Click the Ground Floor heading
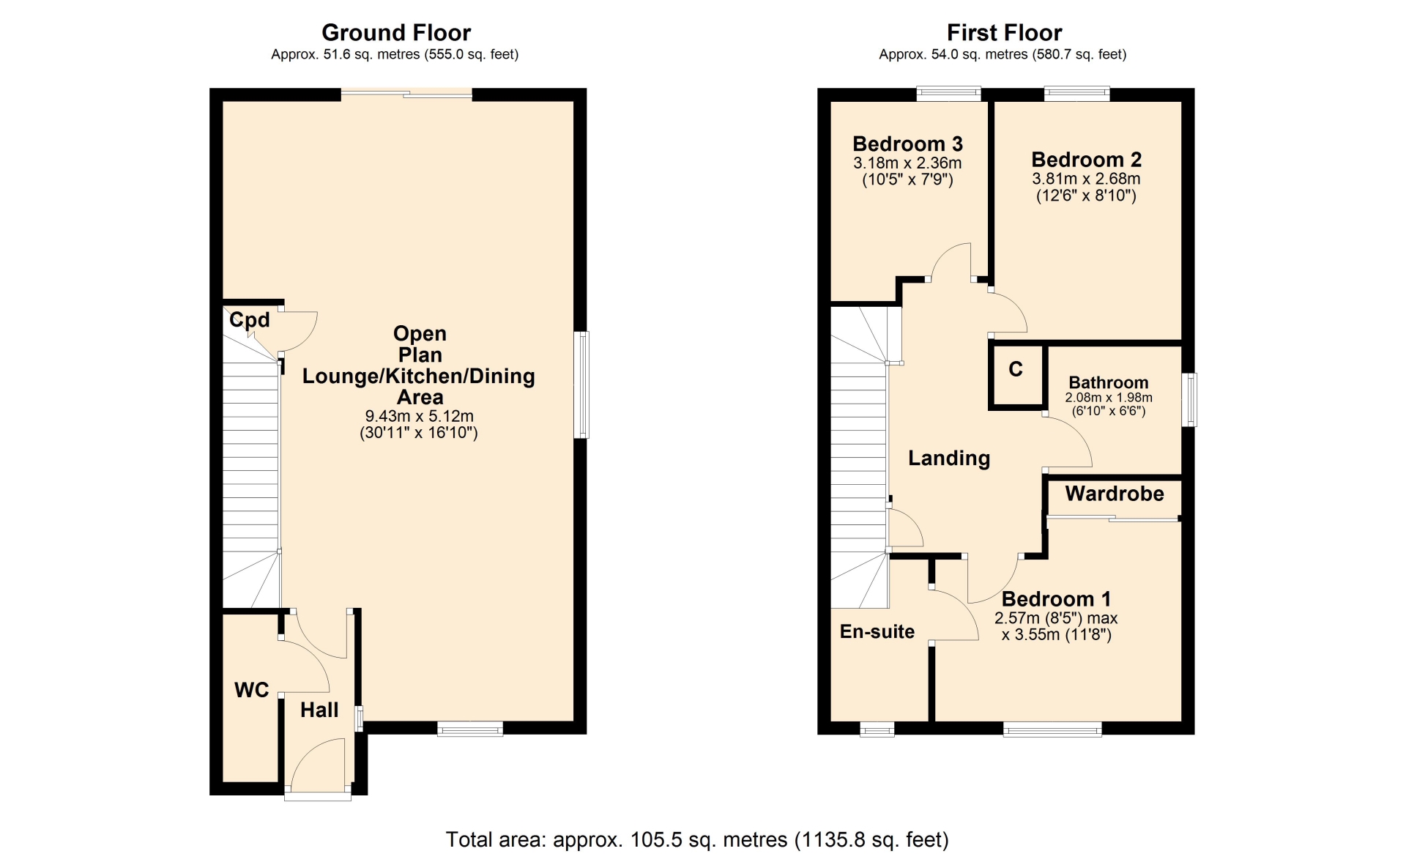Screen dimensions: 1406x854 point(396,33)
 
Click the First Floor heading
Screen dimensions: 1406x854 point(1004,33)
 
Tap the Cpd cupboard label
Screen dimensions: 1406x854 point(250,320)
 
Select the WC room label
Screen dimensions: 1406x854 point(251,690)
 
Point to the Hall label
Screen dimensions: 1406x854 point(319,710)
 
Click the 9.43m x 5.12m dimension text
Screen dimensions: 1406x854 point(419,416)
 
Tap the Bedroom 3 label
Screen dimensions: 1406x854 point(907,144)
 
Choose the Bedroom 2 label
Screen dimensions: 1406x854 point(1086,160)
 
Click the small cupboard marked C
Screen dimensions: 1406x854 point(1016,374)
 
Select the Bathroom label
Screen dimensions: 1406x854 point(1109,382)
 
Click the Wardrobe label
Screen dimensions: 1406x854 point(1115,494)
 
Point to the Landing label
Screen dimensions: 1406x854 point(949,458)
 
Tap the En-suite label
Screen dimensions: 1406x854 point(877,631)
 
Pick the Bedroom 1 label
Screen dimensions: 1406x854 point(1056,599)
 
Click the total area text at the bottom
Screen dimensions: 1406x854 point(697,839)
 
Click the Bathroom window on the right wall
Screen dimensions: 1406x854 point(1191,399)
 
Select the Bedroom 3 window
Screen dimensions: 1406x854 point(949,93)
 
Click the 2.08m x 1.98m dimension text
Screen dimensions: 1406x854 point(1109,398)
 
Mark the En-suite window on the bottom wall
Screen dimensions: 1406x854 point(877,729)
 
